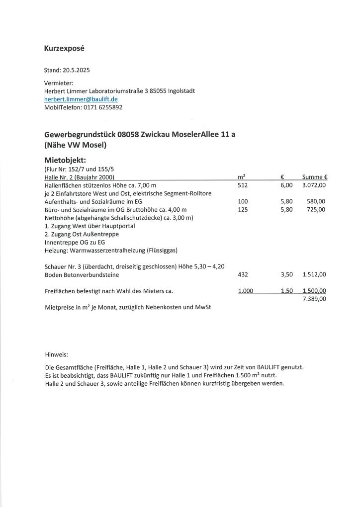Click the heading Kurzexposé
[65, 49]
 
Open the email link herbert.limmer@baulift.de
[81, 99]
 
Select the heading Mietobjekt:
[66, 161]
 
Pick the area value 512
[243, 185]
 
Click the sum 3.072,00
[314, 185]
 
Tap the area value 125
[243, 209]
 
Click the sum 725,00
[316, 209]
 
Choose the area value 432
[243, 274]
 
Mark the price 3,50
[287, 274]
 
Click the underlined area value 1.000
[246, 291]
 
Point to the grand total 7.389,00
[314, 299]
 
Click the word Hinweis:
[56, 355]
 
